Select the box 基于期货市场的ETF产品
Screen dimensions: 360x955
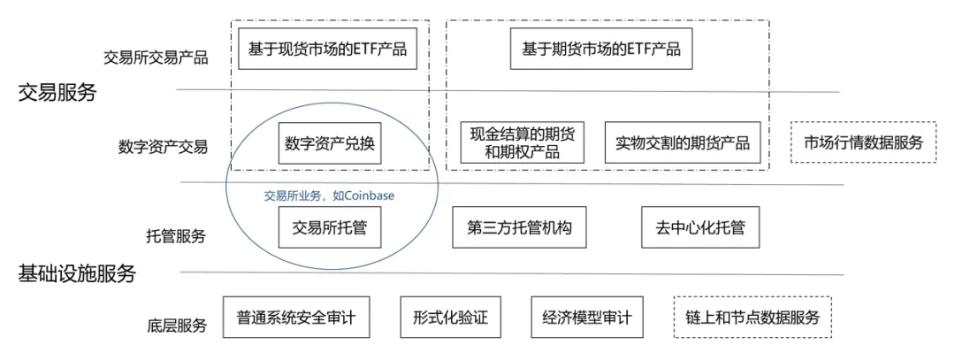pos(600,49)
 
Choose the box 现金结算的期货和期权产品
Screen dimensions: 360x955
pos(523,143)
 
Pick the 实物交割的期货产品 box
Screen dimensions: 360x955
pos(683,143)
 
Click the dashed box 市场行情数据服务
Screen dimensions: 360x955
pos(863,142)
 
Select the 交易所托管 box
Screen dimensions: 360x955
pos(330,229)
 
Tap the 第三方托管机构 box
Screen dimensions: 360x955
pos(520,229)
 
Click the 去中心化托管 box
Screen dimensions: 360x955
pos(694,229)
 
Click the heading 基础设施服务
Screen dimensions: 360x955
pos(77,274)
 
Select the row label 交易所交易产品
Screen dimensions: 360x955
pos(156,58)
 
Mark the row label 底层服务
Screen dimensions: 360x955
pos(175,326)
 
